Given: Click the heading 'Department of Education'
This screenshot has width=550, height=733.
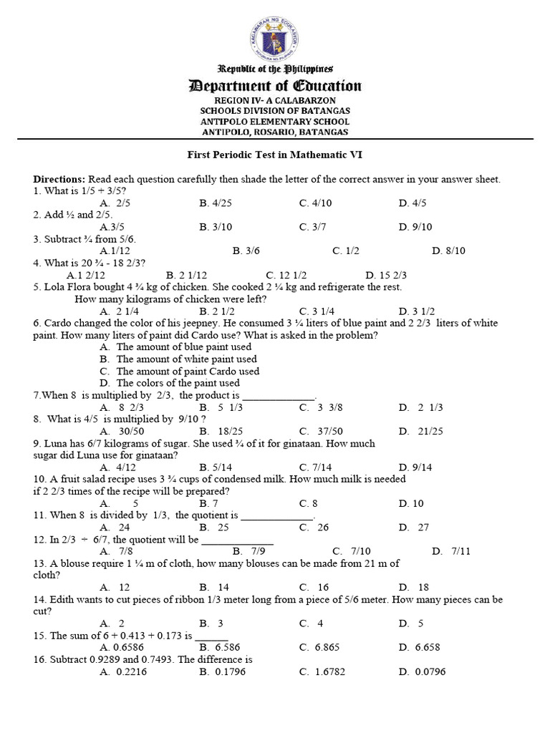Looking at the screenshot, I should point(275,87).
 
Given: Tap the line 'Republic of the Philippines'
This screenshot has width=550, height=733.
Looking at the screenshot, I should point(275,69).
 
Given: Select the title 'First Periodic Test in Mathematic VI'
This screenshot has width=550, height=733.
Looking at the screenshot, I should point(275,154).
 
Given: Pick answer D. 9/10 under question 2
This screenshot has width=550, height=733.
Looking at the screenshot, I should point(412,227).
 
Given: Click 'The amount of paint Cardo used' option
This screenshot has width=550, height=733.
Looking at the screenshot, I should point(188,372).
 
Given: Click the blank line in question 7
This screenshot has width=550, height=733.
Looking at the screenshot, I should point(279,396).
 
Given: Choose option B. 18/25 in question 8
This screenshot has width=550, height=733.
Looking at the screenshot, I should point(215,431).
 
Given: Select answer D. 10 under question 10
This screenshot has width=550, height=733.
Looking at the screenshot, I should point(411,503).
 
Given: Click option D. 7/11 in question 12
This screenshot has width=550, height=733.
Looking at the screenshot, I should point(448,551).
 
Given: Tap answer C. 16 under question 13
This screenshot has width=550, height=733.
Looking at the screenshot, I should point(314,587).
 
